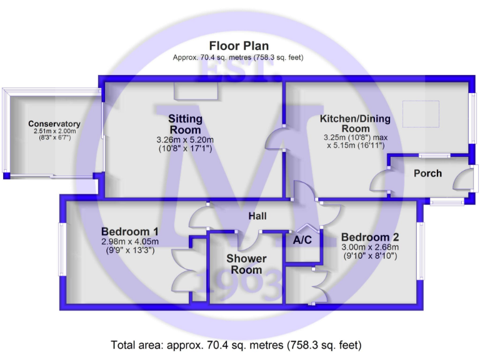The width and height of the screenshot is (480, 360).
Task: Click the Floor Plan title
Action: click(239, 46)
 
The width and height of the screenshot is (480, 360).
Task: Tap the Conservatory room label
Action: click(54, 124)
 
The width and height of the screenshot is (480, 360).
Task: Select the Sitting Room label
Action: click(185, 124)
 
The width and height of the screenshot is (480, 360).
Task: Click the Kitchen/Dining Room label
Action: click(355, 123)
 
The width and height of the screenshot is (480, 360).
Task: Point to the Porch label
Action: click(427, 173)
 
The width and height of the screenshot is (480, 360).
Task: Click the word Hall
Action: click(257, 216)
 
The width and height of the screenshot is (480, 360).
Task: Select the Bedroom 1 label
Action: click(129, 231)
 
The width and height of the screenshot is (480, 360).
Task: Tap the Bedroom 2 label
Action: click(370, 237)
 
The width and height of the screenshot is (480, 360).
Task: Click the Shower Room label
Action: click(246, 264)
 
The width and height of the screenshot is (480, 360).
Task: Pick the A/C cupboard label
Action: click(302, 240)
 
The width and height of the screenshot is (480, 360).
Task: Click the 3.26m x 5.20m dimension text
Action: click(185, 140)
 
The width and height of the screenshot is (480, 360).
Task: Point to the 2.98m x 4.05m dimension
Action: click(130, 241)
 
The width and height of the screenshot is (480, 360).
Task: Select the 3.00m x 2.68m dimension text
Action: click(370, 247)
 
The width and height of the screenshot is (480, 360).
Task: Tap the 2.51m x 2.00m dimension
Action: click(55, 131)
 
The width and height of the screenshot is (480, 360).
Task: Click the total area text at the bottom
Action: click(236, 345)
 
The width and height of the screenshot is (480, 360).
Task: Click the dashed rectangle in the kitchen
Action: click(421, 114)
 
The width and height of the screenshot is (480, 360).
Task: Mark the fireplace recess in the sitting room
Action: click(196, 91)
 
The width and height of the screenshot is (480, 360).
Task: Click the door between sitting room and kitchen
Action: click(275, 139)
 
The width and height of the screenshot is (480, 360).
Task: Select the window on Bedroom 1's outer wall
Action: click(62, 249)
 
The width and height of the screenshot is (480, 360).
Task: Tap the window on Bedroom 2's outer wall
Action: click(421, 251)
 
